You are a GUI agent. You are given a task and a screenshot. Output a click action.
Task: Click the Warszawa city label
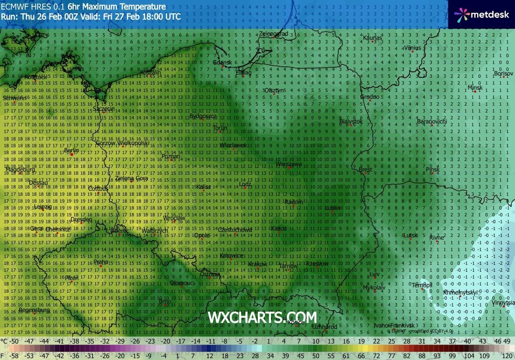click(x=289, y=164)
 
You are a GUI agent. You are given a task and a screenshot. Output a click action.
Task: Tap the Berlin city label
click(x=72, y=150)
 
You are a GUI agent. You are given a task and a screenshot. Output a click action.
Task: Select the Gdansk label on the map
click(x=222, y=62)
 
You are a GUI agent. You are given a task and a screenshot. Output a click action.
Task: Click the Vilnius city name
click(x=412, y=48)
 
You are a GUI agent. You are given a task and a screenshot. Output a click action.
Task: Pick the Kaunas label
click(x=372, y=37)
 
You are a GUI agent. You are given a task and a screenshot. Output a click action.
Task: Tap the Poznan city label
click(x=171, y=156)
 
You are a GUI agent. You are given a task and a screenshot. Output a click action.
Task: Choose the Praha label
click(x=101, y=262)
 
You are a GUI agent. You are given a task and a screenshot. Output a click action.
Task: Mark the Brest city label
click(x=366, y=170)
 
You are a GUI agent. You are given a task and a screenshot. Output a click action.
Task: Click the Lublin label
click(x=332, y=208)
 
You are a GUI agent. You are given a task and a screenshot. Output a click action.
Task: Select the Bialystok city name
click(x=351, y=122)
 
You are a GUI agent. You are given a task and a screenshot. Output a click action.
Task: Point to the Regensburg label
click(x=35, y=310)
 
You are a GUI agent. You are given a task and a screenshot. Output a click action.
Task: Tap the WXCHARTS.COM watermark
click(x=262, y=317)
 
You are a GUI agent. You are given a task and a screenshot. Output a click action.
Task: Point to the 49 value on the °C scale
click(x=506, y=341)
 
